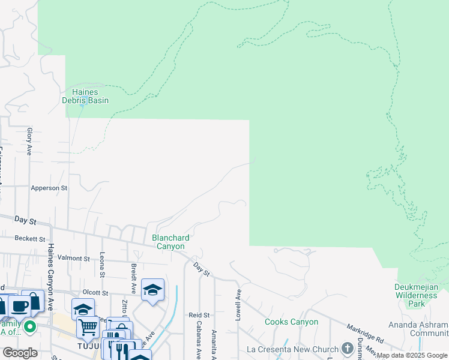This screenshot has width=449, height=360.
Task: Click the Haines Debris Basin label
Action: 85,96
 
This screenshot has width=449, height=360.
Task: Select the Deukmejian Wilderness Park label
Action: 416,295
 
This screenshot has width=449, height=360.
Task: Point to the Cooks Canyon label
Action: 292,322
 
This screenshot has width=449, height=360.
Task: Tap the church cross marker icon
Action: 347,348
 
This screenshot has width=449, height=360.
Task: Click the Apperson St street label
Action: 49,188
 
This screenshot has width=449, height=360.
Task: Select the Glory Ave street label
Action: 29,142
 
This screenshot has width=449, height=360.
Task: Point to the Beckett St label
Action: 30,238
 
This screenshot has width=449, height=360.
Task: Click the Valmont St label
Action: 74,259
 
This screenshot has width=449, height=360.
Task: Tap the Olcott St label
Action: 95,293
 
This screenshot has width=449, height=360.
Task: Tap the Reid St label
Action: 199,314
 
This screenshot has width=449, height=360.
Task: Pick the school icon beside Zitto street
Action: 153,290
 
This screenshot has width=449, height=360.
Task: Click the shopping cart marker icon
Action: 88,327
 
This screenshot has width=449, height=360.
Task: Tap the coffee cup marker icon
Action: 19,305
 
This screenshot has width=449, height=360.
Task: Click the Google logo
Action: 20,353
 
